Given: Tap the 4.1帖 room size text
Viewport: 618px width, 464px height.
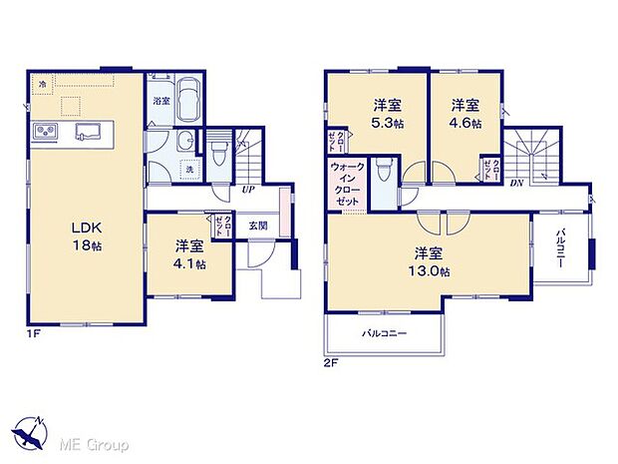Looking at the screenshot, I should (186, 264).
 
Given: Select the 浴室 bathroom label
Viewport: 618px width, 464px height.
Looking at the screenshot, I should (160, 102).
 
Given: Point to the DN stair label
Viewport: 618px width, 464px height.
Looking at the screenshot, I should (516, 183).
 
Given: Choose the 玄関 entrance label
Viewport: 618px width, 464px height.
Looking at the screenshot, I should (258, 226).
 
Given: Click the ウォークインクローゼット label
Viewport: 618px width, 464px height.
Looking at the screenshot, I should (347, 184).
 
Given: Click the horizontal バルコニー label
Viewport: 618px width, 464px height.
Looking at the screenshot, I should (385, 333).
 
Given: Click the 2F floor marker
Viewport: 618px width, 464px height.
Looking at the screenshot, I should (330, 363).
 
